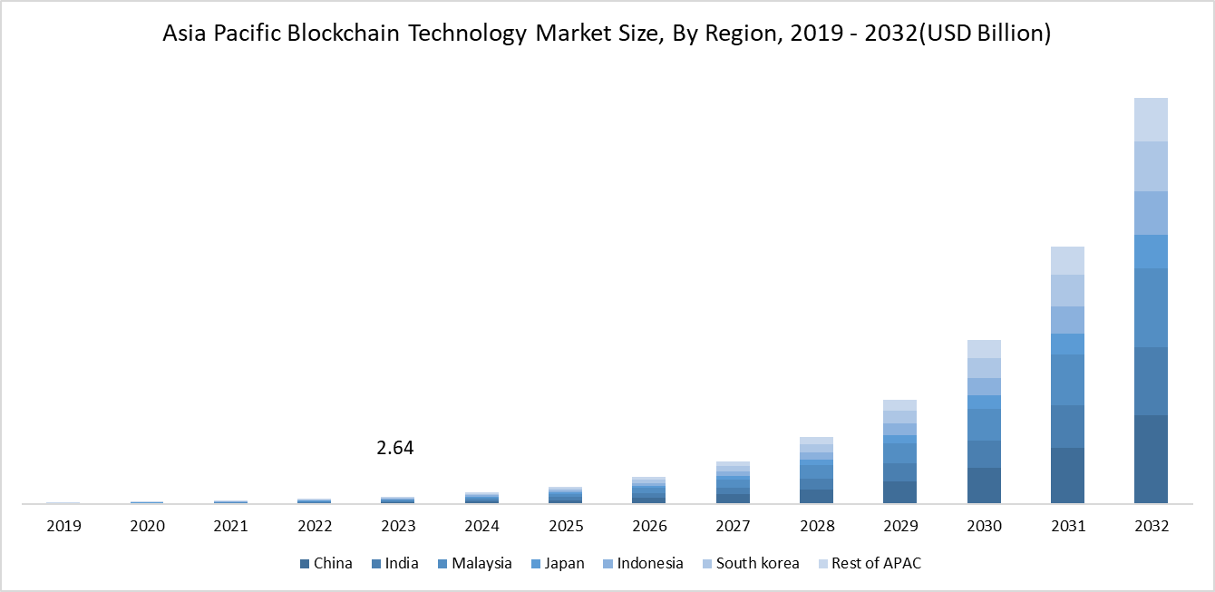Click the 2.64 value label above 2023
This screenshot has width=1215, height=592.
(x=394, y=448)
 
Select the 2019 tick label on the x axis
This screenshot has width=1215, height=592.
(x=64, y=526)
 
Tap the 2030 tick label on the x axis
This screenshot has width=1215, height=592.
(x=984, y=526)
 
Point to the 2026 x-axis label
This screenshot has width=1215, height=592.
(x=649, y=526)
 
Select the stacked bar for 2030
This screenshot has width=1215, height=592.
(x=984, y=422)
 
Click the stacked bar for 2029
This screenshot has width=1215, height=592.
(x=900, y=451)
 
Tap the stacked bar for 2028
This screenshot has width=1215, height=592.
(x=816, y=470)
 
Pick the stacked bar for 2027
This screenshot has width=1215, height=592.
(x=733, y=482)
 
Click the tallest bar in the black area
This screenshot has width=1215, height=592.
(x=1151, y=300)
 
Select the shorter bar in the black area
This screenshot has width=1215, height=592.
(x=1067, y=374)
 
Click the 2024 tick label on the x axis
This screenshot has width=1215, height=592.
(x=481, y=526)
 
